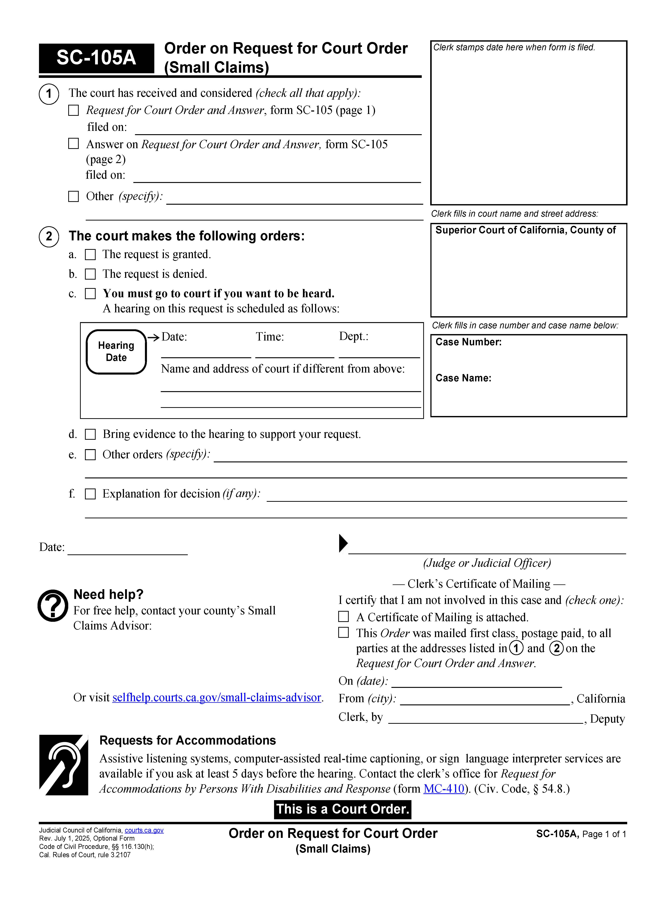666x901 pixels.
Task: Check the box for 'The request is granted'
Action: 90,255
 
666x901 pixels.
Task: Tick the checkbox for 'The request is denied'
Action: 90,274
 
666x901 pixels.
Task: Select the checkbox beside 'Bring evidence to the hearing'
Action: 90,435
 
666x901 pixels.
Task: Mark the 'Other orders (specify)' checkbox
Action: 90,455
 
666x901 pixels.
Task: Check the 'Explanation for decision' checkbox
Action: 90,494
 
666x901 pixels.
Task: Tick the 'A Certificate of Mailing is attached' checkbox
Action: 343,617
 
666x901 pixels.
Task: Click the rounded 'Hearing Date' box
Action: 116,352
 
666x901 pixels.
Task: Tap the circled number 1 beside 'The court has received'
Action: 49,94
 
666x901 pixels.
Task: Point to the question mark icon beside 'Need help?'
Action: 53,606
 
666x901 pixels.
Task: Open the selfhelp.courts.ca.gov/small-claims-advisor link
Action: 216,698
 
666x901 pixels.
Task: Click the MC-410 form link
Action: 444,789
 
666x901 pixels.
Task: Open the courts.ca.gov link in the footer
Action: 144,830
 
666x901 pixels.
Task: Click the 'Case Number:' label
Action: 468,342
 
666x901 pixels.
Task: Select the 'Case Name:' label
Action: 463,378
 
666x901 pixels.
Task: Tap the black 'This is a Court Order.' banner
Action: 343,809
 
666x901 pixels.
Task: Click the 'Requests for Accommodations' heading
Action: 187,740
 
